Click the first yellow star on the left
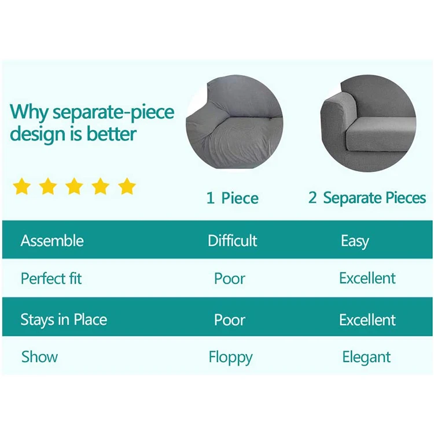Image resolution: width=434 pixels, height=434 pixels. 22,186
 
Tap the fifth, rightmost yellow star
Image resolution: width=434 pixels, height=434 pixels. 127,186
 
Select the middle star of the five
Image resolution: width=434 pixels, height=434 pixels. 74,186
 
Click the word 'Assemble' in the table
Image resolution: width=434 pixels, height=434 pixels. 52,241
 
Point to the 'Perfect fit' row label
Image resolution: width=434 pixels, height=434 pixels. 51,278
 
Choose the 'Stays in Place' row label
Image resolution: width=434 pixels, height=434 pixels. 64,319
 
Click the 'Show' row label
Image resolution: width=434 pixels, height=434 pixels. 39,356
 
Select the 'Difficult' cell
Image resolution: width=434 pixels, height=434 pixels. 233,241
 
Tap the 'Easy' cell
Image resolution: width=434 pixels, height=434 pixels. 355,241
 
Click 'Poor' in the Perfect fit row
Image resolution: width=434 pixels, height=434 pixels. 230,278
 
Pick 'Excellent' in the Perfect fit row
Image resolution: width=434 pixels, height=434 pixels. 367,278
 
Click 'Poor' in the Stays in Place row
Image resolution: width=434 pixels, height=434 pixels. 230,320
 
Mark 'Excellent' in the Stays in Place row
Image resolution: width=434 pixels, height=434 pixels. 367,320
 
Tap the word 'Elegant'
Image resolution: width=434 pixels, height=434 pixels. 366,357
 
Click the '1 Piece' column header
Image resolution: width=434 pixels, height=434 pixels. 233,198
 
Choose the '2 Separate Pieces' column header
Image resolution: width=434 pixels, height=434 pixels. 367,198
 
